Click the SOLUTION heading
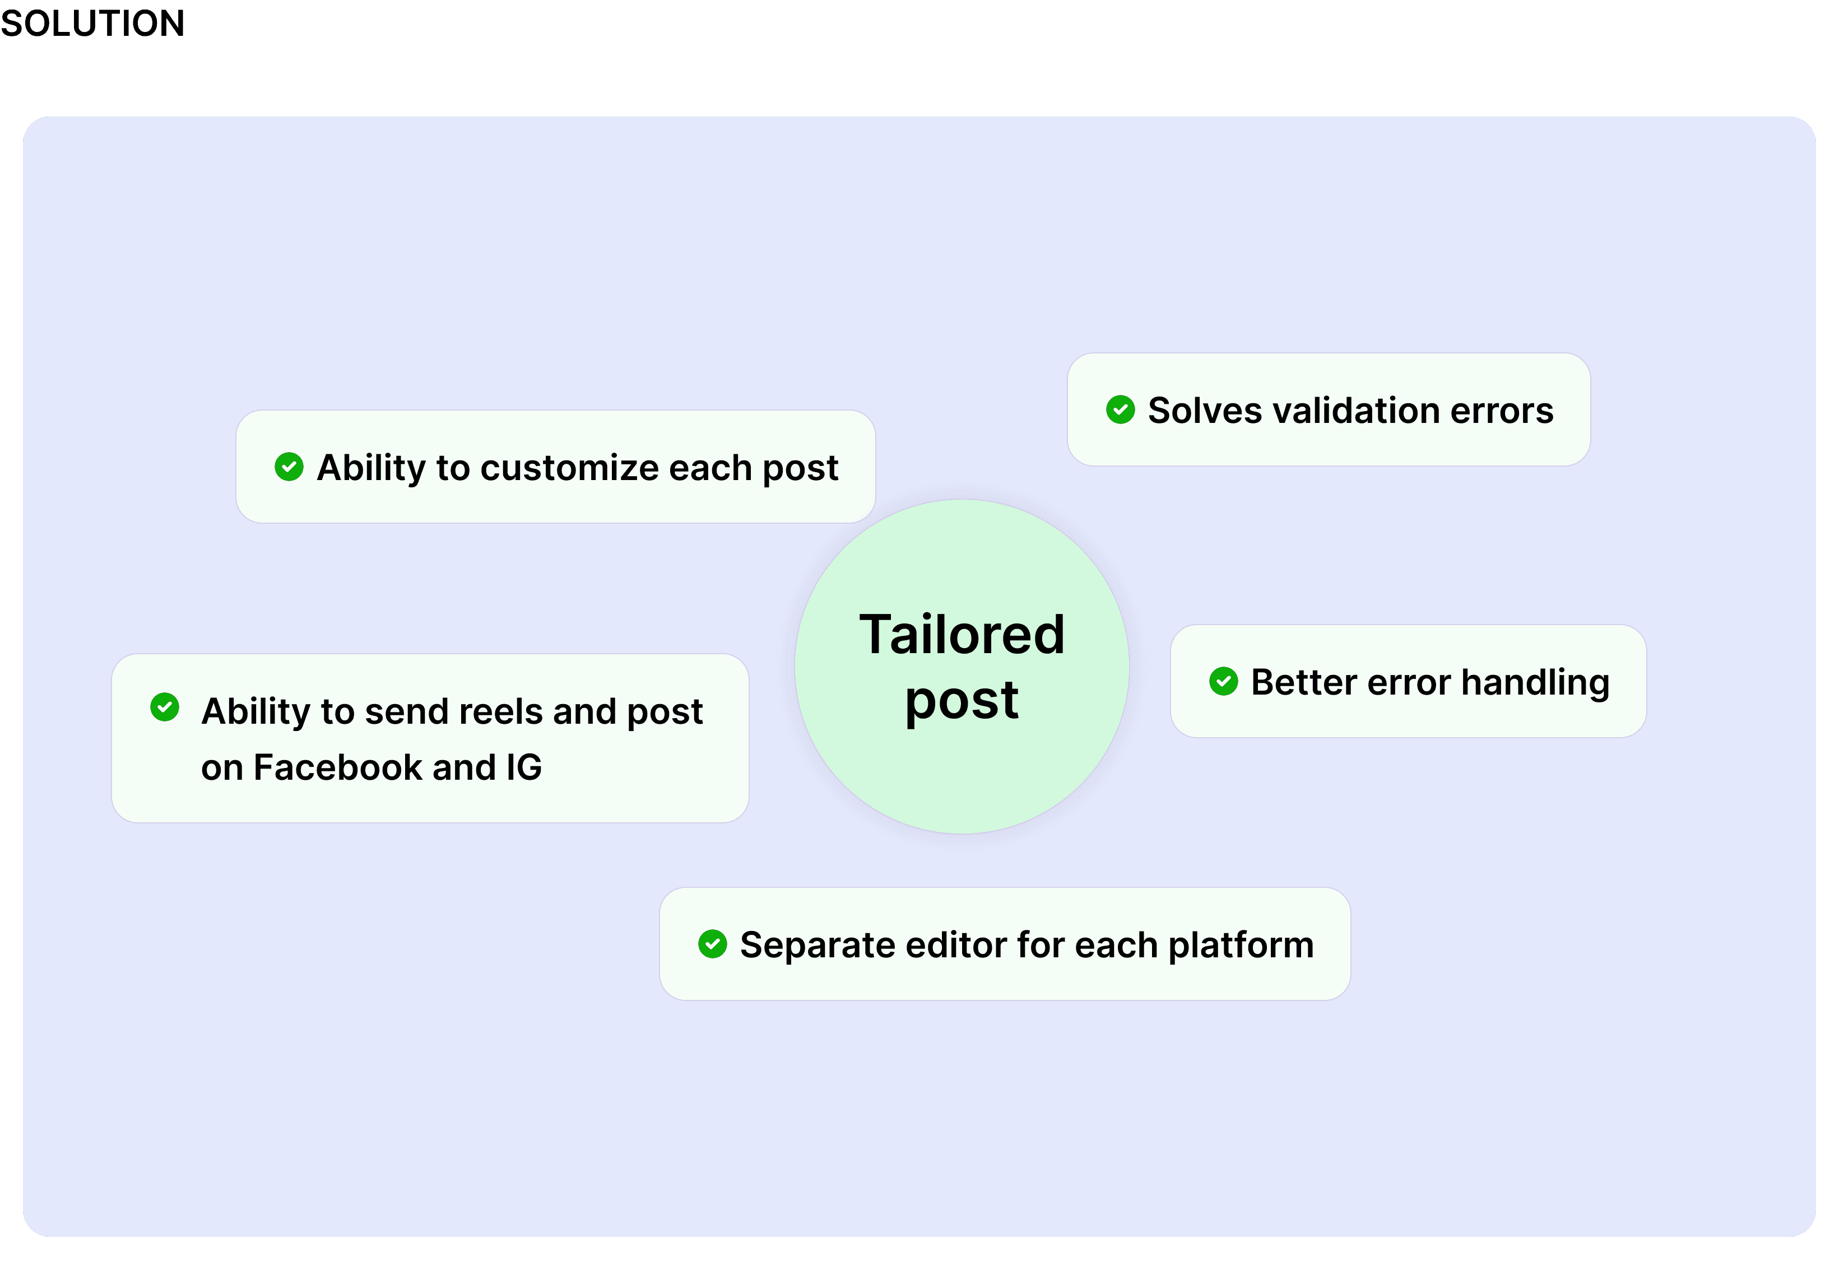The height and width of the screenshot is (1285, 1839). click(x=92, y=22)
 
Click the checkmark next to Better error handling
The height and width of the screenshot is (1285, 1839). click(x=1223, y=681)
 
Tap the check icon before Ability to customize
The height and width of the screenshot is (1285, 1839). click(x=289, y=467)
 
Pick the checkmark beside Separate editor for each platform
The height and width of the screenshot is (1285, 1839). click(x=712, y=944)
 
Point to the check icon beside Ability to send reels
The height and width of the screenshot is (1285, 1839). click(x=164, y=707)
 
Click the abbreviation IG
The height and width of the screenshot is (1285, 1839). click(x=524, y=767)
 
